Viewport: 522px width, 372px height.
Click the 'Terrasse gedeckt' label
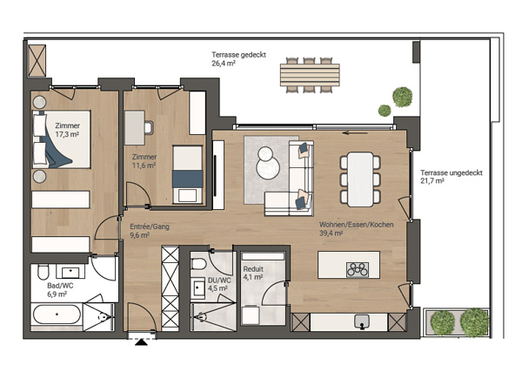click(238, 55)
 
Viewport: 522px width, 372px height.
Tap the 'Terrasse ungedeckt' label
click(451, 173)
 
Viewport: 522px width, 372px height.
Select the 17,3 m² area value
click(67, 134)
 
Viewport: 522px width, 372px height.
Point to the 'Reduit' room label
click(253, 268)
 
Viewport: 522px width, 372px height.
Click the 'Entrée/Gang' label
click(150, 227)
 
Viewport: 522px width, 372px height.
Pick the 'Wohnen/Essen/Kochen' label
click(356, 225)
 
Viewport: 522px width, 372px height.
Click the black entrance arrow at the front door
click(142, 342)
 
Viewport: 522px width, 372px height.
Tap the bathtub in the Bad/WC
click(57, 315)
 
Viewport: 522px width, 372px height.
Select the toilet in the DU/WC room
click(198, 264)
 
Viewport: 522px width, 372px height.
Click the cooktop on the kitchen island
click(358, 269)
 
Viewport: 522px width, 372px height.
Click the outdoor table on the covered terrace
click(310, 75)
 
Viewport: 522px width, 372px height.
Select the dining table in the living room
click(360, 179)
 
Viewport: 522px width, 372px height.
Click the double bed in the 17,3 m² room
click(61, 139)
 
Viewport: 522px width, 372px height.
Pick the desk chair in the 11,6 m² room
click(149, 127)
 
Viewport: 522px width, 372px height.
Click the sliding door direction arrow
click(355, 133)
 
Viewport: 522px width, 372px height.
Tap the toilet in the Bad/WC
click(43, 272)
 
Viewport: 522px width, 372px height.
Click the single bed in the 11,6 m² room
click(187, 174)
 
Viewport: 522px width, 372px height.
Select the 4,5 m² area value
click(217, 287)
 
